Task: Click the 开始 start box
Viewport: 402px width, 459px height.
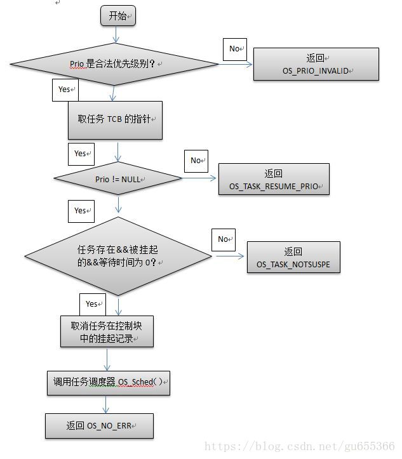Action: [119, 16]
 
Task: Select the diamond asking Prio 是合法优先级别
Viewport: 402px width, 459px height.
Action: [114, 64]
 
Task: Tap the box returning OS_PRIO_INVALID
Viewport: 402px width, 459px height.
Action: [316, 64]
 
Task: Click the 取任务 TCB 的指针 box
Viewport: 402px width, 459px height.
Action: [115, 120]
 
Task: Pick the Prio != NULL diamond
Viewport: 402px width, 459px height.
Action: [118, 179]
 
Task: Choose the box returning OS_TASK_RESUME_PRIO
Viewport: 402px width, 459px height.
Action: [274, 180]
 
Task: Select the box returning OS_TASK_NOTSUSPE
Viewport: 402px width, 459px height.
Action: [293, 257]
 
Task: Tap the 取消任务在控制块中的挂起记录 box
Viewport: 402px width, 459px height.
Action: [107, 331]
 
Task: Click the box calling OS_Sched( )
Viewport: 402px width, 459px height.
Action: [109, 382]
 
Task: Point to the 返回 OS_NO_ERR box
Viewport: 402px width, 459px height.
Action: [99, 425]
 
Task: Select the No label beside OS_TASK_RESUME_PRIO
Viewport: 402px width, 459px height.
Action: [196, 161]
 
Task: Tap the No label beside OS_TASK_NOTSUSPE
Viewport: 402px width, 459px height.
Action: [223, 239]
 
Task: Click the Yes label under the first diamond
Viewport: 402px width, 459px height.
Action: [65, 90]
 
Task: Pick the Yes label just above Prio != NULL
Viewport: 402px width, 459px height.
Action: [81, 154]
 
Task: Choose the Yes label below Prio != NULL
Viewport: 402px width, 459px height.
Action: [81, 211]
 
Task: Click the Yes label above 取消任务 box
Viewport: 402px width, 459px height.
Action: [92, 304]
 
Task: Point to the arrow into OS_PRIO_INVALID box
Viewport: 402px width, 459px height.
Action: [235, 64]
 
